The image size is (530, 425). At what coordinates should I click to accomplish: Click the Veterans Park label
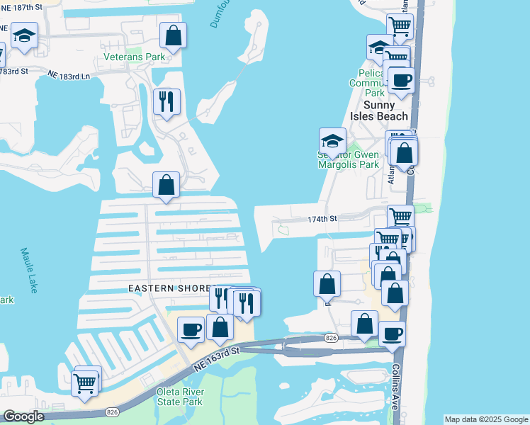click(134, 57)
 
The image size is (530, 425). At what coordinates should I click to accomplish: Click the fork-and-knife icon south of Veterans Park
click(167, 101)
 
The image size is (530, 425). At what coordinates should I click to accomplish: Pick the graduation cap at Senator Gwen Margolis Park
click(332, 140)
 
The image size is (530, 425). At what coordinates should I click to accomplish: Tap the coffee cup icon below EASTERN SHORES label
click(191, 329)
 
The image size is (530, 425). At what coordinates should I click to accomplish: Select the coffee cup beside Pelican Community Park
click(402, 80)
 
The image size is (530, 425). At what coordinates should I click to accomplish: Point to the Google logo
click(23, 417)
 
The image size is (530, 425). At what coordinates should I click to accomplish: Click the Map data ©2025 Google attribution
click(486, 419)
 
